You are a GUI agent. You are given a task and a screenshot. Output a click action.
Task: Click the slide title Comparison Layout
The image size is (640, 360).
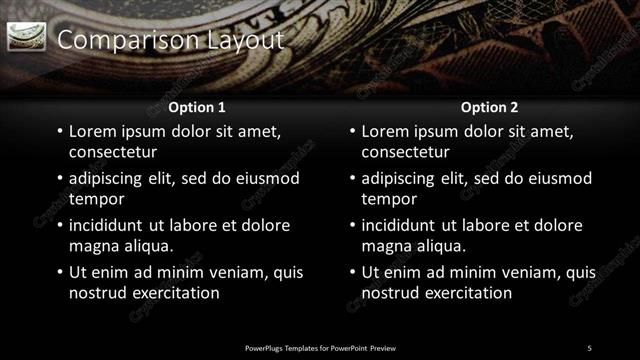coord(171,40)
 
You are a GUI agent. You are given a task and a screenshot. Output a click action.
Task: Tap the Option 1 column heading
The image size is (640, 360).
coord(197,107)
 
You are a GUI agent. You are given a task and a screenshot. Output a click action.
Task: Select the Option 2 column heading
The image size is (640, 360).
coord(489,107)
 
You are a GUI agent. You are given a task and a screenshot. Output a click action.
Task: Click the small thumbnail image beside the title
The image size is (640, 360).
coord(27,38)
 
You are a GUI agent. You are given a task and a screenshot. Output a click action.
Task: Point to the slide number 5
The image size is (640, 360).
coord(589,348)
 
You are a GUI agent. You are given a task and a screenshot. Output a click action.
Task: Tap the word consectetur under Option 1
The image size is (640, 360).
coord(113,152)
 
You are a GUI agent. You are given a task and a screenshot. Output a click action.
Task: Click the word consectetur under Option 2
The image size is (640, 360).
coord(405,152)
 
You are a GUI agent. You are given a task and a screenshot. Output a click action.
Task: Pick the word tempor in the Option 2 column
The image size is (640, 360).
coord(387,199)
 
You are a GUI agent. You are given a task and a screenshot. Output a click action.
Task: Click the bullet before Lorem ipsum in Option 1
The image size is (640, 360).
coord(60,132)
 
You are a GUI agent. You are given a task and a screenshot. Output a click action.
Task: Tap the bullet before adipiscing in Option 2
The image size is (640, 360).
coord(352,179)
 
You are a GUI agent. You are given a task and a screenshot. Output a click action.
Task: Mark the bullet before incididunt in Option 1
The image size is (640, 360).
coord(60,226)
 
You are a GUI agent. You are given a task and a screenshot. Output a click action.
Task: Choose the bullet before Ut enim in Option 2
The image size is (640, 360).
coord(352,273)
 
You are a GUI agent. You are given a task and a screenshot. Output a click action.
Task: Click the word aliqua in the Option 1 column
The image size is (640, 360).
coord(145,246)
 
